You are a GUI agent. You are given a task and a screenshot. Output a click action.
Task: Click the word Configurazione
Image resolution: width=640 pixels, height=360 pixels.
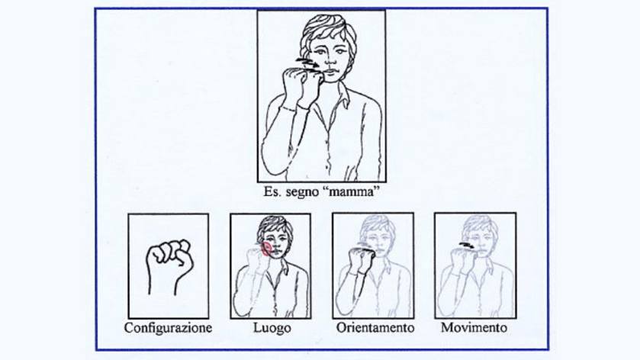pos(168,328)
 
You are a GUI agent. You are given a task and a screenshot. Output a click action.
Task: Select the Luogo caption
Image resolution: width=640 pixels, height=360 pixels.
pos(272,328)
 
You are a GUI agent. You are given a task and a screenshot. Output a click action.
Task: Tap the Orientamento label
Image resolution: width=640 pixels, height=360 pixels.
pos(375,328)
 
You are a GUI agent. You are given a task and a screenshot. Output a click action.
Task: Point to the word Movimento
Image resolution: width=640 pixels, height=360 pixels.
pos(474,328)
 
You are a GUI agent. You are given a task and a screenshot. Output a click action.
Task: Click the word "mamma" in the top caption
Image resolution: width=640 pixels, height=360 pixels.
pos(351,191)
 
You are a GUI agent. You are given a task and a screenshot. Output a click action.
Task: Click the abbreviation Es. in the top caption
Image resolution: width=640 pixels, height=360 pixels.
pos(272,191)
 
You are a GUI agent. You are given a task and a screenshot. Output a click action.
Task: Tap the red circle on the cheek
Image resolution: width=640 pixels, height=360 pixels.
pos(266,249)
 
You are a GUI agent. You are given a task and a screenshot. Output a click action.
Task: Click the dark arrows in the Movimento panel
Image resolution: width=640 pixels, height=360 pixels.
pos(467,246)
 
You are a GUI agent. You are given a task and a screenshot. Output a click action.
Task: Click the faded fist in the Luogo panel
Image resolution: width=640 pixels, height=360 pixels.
pos(259,260)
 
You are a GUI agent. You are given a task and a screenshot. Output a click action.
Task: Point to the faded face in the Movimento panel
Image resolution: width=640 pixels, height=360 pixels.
pos(482,239)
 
